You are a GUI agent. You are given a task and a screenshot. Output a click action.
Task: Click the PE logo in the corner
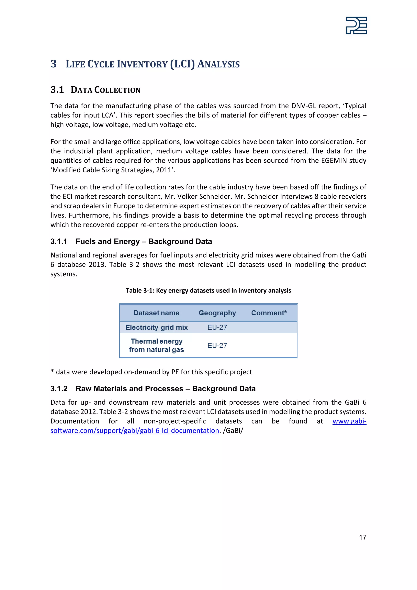pyautogui.click(x=356, y=25)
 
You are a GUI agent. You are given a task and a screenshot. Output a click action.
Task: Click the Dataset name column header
pyautogui.click(x=156, y=313)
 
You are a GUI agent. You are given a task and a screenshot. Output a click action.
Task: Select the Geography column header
pyautogui.click(x=217, y=313)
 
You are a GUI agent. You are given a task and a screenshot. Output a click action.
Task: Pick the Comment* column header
pyautogui.click(x=269, y=313)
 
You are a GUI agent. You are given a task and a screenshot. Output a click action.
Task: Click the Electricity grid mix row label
pyautogui.click(x=156, y=327)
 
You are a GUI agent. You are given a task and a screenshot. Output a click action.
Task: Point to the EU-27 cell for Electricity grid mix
pyautogui.click(x=217, y=327)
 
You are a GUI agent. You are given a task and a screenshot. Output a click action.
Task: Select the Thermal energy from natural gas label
pyautogui.click(x=156, y=345)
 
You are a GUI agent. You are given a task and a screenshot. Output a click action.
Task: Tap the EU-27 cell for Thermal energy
pyautogui.click(x=217, y=345)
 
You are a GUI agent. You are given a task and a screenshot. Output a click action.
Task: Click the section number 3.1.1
pyautogui.click(x=59, y=242)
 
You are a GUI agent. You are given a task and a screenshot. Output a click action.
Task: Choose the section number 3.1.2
pyautogui.click(x=59, y=389)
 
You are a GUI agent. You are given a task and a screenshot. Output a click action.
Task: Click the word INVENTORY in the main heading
pyautogui.click(x=142, y=64)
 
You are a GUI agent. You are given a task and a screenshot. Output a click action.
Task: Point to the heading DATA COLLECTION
pyautogui.click(x=105, y=90)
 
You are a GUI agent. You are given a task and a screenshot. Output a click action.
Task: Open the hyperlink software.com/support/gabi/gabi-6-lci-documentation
pyautogui.click(x=135, y=430)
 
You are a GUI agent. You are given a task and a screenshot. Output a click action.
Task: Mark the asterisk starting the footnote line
pyautogui.click(x=52, y=371)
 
